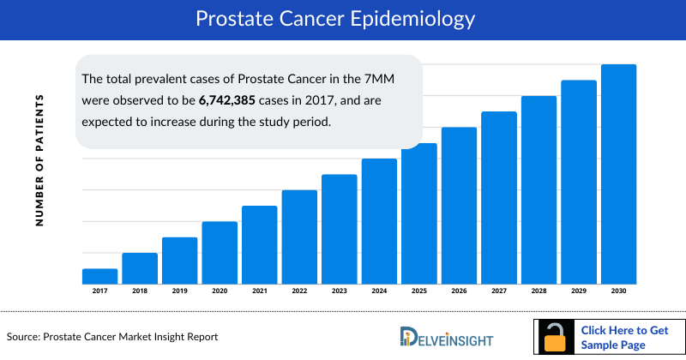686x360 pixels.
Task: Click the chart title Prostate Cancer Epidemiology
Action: (343, 18)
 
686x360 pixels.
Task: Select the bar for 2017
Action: (99, 276)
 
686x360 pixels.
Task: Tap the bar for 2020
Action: (220, 253)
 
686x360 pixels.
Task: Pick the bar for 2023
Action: (339, 229)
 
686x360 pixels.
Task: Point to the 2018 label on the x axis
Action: (140, 291)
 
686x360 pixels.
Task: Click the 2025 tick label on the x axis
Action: (418, 291)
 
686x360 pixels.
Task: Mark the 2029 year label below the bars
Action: (578, 291)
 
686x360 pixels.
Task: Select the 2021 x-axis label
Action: (259, 291)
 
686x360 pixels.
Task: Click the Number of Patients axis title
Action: (39, 160)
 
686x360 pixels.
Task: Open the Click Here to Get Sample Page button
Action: (625, 337)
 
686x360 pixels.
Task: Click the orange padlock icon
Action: (556, 337)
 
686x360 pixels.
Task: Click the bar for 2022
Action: (299, 237)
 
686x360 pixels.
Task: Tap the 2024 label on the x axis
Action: (378, 291)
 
